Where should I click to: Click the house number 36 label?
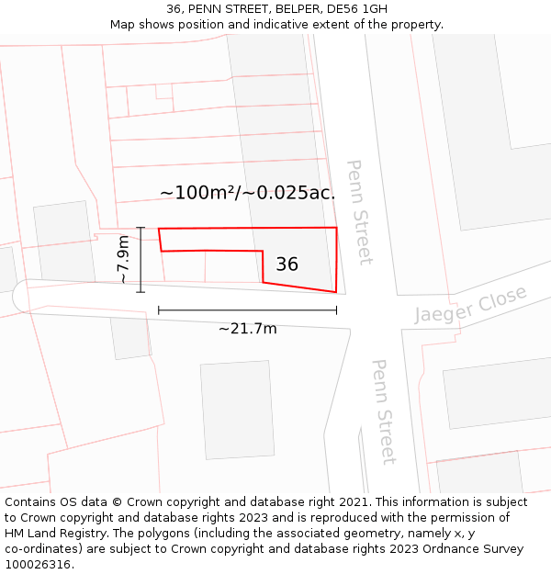coord(287,264)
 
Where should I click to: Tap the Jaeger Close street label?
coord(471,304)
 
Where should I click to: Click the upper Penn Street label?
coord(358,212)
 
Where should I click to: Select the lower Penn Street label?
coord(383,411)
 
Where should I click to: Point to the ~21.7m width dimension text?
coord(247,329)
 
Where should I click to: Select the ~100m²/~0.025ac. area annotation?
coord(247,193)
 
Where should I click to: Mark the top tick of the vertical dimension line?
coord(141,228)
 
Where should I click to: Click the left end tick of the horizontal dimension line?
coord(159,310)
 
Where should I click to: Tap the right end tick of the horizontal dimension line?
coord(337,310)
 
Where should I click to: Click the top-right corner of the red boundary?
coord(337,228)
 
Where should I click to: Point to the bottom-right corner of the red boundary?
coord(335,293)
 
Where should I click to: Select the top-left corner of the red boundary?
coord(159,229)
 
